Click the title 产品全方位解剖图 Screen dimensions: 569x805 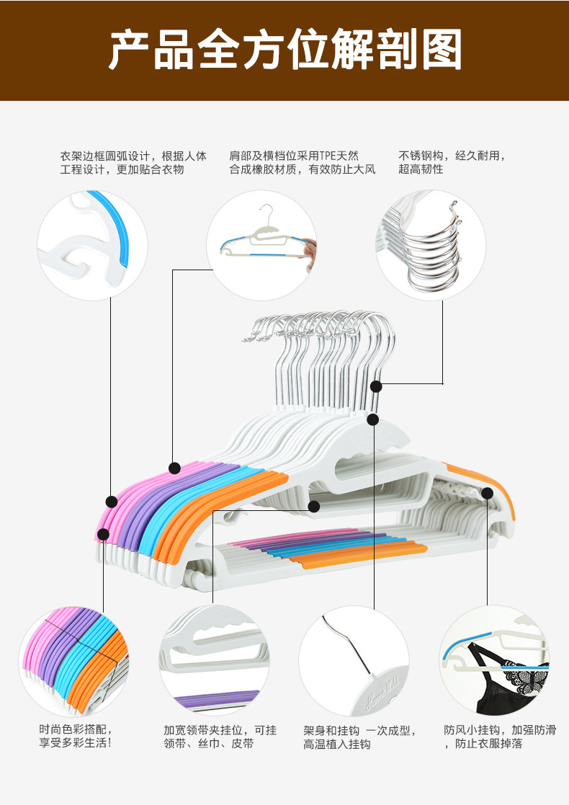coord(284,50)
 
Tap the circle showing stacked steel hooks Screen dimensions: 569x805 coord(431,245)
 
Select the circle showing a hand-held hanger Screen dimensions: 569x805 coord(261,245)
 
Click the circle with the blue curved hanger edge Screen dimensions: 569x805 coord(92,245)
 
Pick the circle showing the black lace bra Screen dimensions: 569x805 coord(494,659)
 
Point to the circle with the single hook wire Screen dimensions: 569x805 coord(354,659)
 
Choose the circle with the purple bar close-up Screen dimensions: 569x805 coord(213,659)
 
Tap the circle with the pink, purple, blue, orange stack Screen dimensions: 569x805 coord(73,659)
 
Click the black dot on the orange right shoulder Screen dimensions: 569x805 coord(488,494)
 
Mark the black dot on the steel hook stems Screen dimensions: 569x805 coord(377,387)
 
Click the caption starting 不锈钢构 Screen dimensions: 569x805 coord(452,162)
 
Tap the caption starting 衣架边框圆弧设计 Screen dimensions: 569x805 coord(133,162)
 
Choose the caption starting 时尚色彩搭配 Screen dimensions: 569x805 coord(76,736)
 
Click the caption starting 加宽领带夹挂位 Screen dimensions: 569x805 coord(220,736)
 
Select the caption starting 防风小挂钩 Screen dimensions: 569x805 coord(500,736)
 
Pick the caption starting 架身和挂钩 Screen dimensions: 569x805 coord(359,737)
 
